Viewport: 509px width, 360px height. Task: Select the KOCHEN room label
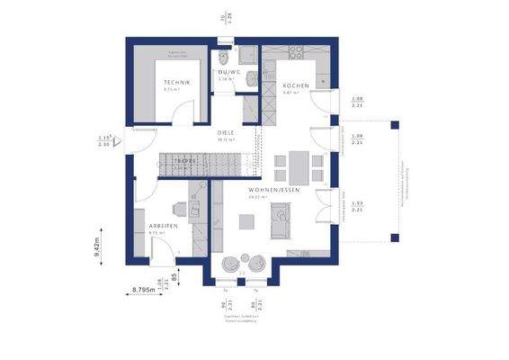[296, 85]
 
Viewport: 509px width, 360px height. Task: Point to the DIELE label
[226, 132]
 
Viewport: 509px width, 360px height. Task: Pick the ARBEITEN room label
[162, 226]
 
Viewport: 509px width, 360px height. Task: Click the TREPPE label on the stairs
[185, 160]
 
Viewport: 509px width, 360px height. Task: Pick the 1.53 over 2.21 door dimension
[356, 206]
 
